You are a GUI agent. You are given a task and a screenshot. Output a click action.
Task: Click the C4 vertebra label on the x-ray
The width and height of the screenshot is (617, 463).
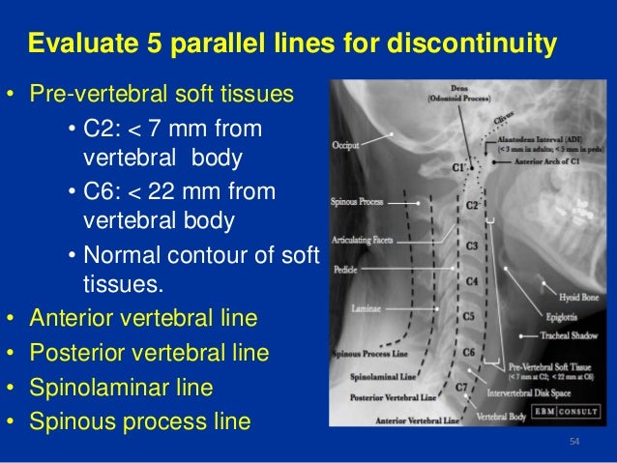[472, 281]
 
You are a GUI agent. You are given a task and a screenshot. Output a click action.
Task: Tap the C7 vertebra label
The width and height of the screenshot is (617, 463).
[462, 387]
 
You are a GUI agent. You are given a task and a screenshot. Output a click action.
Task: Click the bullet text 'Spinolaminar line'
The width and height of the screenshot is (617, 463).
[121, 388]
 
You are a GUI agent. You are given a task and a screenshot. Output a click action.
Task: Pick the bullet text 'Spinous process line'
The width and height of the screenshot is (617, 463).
[139, 421]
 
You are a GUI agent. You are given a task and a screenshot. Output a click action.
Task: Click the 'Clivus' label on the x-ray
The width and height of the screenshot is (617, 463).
[503, 120]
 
